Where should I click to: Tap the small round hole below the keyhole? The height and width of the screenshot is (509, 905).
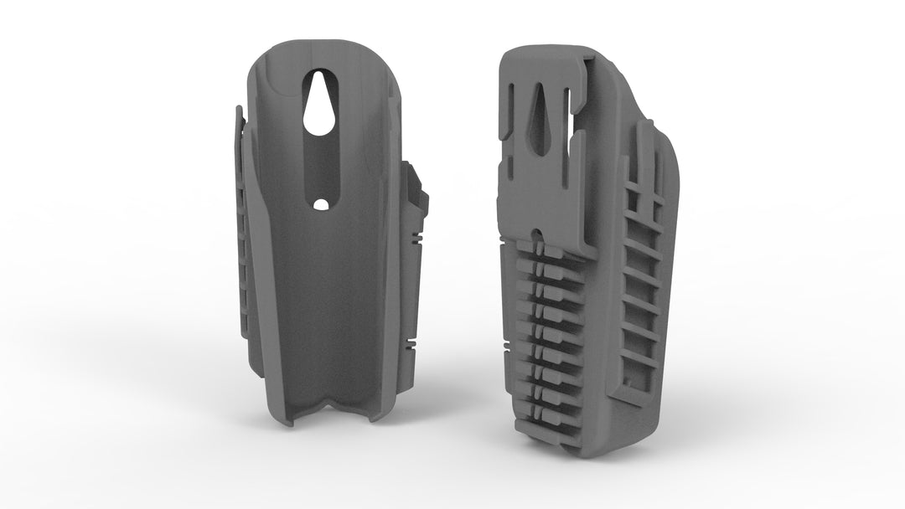[x=320, y=204]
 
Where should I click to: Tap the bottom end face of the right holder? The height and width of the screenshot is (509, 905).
[x=587, y=448]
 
